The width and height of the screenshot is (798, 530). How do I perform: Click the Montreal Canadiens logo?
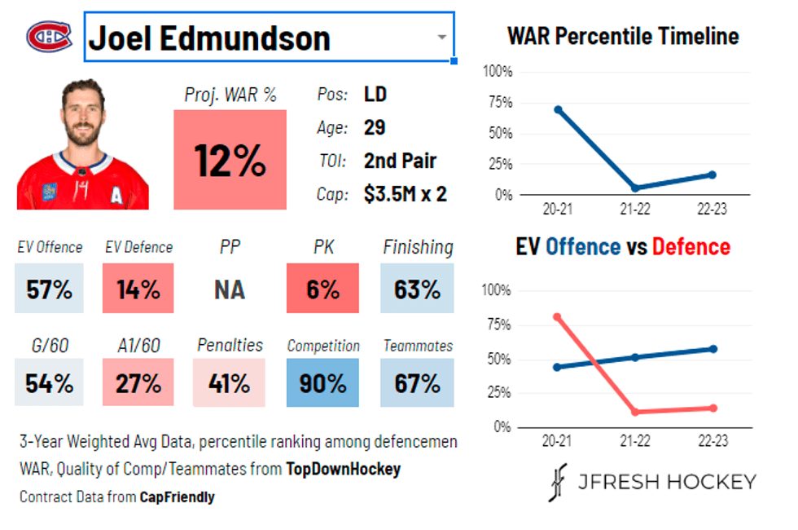[49, 36]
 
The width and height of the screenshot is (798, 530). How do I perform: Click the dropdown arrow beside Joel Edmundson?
[441, 38]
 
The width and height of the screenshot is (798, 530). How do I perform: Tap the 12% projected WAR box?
[230, 160]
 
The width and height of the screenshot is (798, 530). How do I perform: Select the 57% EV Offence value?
[49, 289]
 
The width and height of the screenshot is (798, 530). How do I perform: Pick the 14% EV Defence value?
[138, 289]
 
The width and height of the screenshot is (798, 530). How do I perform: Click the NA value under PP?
[230, 289]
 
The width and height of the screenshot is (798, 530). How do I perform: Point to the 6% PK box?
[322, 289]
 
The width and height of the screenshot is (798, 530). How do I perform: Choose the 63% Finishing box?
[417, 289]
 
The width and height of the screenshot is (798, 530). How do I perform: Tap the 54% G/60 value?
[49, 382]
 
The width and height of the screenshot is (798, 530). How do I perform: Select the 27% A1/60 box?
[138, 382]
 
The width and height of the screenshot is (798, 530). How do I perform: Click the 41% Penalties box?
[230, 382]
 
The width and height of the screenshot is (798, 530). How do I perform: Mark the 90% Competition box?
[322, 382]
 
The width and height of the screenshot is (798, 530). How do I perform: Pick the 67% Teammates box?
[417, 382]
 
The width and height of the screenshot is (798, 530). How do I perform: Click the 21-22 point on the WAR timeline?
[635, 188]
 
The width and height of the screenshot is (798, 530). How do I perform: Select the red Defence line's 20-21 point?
[558, 316]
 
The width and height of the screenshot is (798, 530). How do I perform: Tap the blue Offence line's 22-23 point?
[712, 349]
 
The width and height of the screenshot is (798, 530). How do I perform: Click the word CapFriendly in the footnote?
[177, 497]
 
